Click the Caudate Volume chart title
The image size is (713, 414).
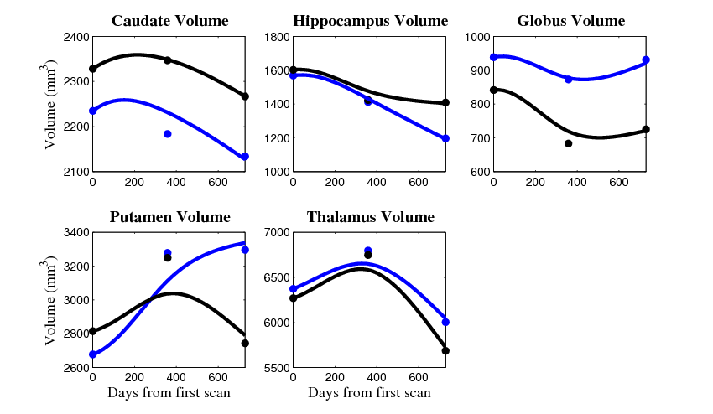[x=170, y=21]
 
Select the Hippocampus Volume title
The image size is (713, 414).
[x=370, y=21]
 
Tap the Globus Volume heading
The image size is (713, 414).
[x=570, y=21]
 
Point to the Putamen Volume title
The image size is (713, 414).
[x=169, y=217]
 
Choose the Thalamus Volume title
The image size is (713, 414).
[x=370, y=217]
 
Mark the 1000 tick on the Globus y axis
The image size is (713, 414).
[x=477, y=37]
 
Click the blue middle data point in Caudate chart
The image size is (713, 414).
[x=168, y=134]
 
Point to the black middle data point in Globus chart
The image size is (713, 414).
[x=568, y=143]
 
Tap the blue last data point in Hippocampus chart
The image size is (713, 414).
[x=445, y=138]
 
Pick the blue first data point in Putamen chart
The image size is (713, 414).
[x=92, y=354]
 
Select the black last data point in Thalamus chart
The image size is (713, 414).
[x=445, y=350]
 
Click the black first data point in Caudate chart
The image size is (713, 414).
[x=92, y=69]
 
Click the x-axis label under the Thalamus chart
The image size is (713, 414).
[x=369, y=393]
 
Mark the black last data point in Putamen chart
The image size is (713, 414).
[x=245, y=343]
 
